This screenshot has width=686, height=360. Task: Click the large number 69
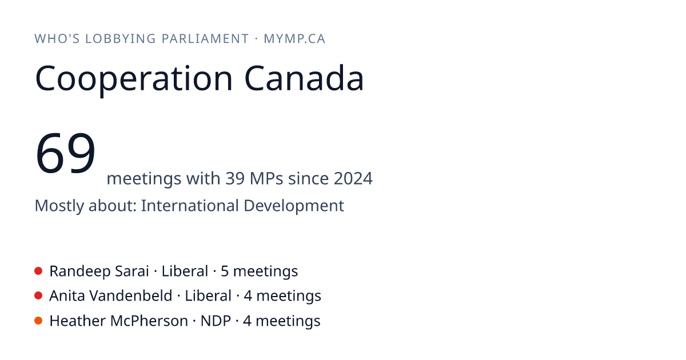[x=65, y=153]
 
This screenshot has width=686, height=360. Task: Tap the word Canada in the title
[x=304, y=78]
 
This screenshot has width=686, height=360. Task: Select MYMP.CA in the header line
[x=294, y=39]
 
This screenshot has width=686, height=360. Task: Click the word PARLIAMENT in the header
[x=205, y=39]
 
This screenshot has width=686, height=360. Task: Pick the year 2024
[x=353, y=178]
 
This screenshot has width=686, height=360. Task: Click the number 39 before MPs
[x=235, y=178]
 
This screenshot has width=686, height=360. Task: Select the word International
[x=190, y=205]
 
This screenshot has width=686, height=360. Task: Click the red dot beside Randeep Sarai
[x=38, y=271]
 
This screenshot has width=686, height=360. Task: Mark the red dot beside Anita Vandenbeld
[x=38, y=296]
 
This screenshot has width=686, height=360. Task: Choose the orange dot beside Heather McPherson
[x=38, y=321]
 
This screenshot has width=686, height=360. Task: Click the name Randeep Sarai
[x=99, y=271]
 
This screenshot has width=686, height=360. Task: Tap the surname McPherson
[x=149, y=321]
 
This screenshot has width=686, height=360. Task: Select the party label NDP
[x=216, y=321]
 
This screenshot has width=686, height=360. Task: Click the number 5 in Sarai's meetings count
[x=225, y=271]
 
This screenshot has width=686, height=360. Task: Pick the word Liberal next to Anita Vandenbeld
[x=208, y=296]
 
